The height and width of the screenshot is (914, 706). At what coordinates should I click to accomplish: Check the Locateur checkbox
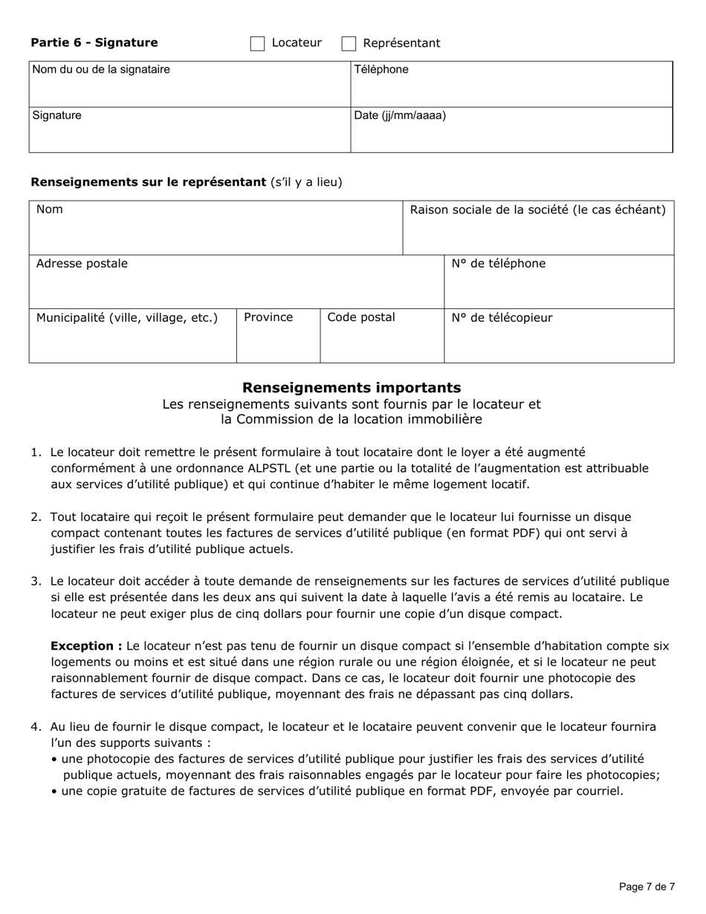pyautogui.click(x=257, y=44)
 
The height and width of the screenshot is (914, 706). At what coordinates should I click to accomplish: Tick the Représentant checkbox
pyautogui.click(x=349, y=44)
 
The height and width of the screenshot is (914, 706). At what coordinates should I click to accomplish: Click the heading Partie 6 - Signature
pyautogui.click(x=94, y=43)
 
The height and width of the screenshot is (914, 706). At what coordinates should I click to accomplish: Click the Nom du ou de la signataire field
pyautogui.click(x=190, y=90)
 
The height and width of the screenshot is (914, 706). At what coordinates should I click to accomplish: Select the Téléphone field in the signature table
pyautogui.click(x=511, y=90)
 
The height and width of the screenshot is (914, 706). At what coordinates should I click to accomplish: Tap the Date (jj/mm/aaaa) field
pyautogui.click(x=511, y=136)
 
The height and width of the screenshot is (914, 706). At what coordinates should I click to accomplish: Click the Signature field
pyautogui.click(x=190, y=136)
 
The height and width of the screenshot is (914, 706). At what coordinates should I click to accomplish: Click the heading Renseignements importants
pyautogui.click(x=352, y=388)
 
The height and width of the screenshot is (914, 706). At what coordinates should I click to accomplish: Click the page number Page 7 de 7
pyautogui.click(x=647, y=887)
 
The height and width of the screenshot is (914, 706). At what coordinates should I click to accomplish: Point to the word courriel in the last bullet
pyautogui.click(x=597, y=791)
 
